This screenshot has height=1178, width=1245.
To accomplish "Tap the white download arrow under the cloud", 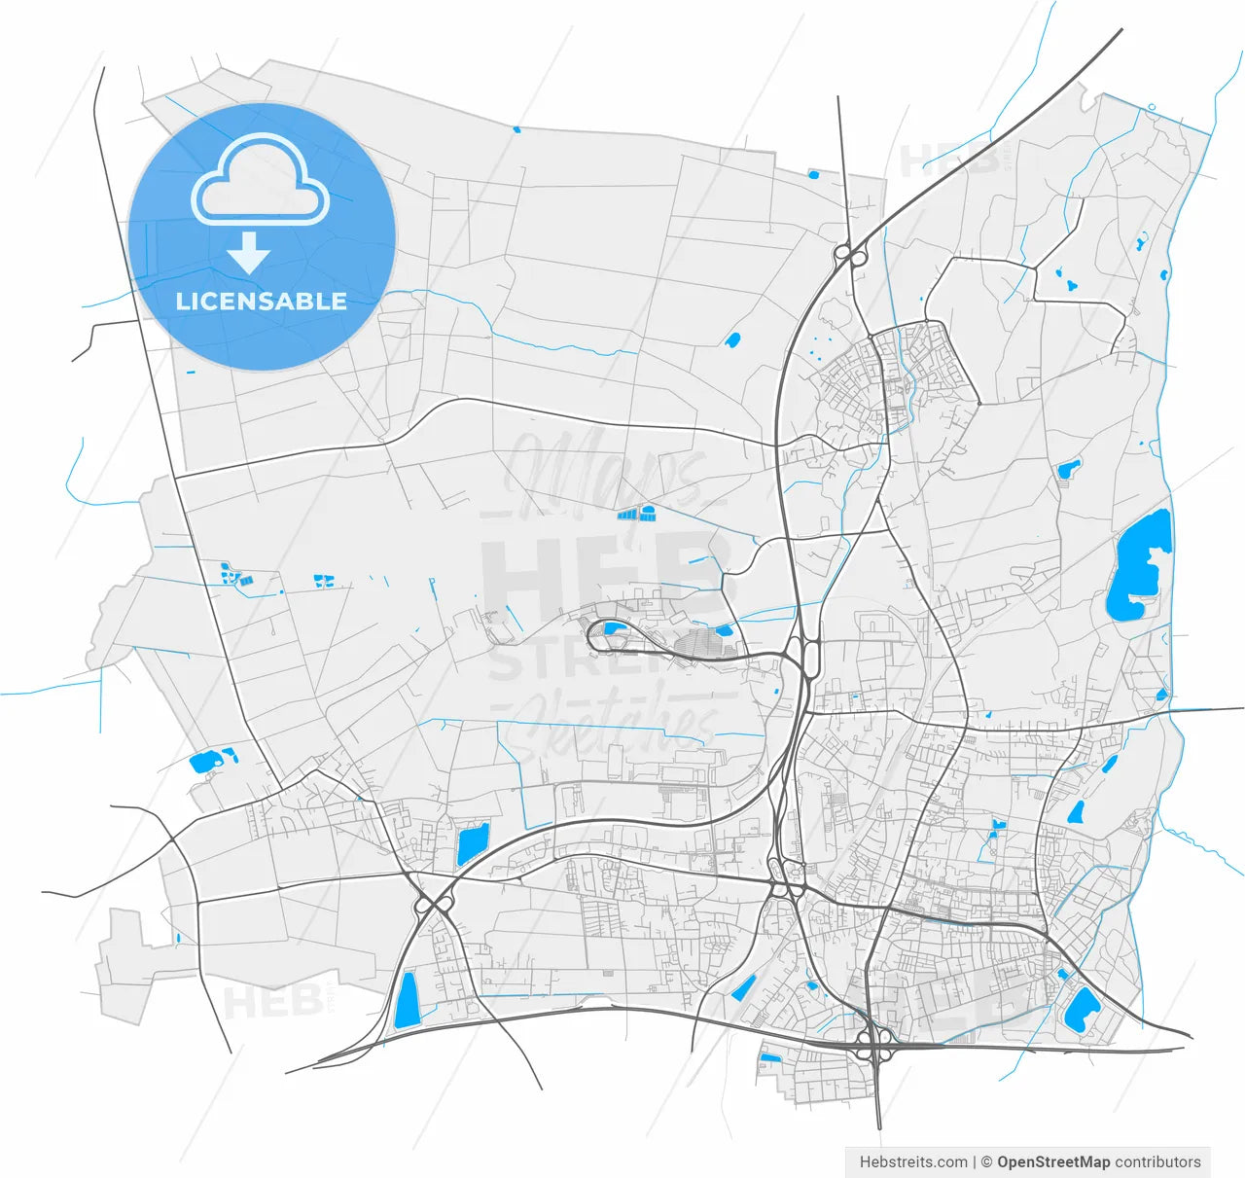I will coord(250,253).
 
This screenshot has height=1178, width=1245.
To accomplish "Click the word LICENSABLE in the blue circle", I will coord(261,301).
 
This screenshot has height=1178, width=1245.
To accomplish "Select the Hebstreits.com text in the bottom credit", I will coord(913,1161).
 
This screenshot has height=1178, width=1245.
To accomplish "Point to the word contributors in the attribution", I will coord(1157,1161).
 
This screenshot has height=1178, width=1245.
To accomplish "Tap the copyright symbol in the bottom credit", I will coord(986,1161).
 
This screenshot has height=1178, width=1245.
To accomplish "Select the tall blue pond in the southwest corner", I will coord(406,1000).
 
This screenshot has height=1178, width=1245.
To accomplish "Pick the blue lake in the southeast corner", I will coord(1080,1010).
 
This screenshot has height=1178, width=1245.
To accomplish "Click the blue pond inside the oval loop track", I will coord(614,628).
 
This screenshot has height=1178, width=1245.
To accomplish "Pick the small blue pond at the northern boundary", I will coord(813,175).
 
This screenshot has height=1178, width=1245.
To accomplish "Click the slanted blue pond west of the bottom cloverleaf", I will coord(743,988).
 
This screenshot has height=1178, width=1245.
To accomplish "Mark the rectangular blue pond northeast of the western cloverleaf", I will coord(473,842).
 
